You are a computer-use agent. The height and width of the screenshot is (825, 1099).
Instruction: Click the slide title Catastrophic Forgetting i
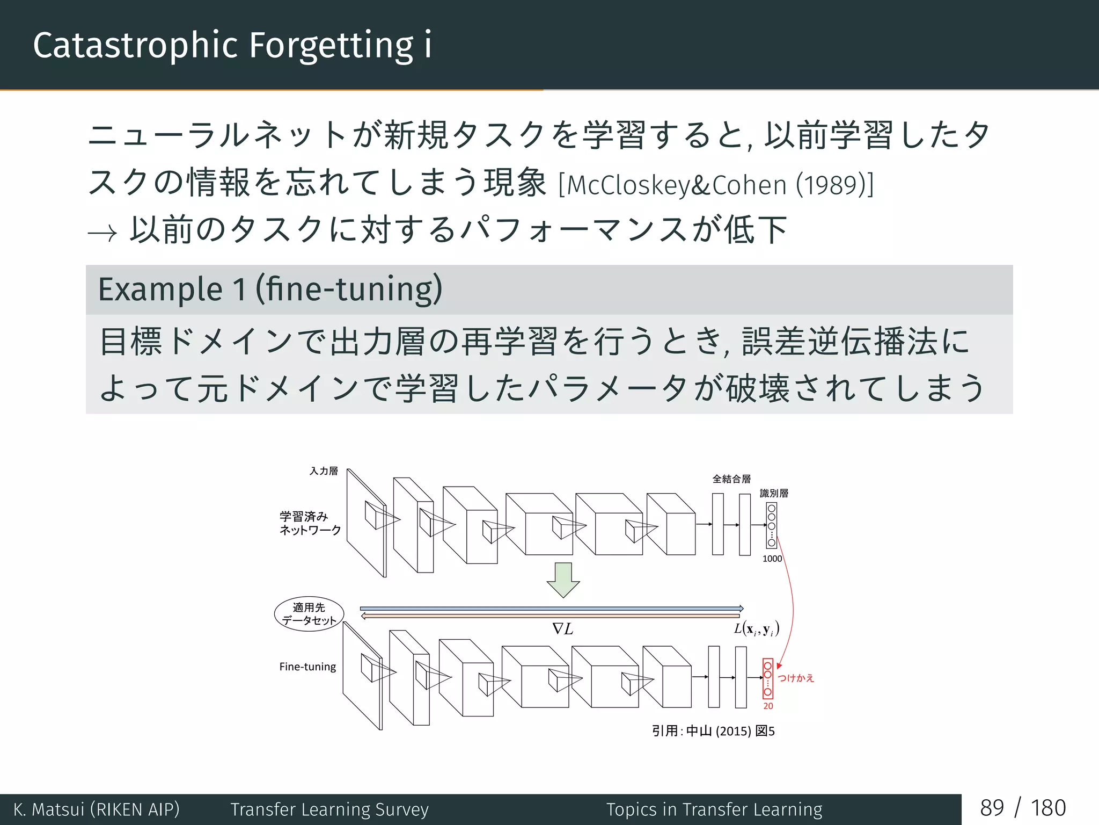[x=232, y=45]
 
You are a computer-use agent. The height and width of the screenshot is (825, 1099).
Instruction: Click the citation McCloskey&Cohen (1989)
[x=716, y=185]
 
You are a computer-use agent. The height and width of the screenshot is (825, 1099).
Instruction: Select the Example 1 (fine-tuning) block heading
[x=270, y=290]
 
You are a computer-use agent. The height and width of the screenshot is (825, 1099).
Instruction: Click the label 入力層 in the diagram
[x=324, y=471]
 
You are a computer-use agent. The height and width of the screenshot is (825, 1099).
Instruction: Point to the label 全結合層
[x=731, y=479]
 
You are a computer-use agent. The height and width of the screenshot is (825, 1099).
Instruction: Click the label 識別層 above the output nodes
[x=774, y=493]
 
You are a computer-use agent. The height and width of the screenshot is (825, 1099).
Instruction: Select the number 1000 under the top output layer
[x=772, y=559]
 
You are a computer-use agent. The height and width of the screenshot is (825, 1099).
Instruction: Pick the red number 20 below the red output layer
[x=768, y=706]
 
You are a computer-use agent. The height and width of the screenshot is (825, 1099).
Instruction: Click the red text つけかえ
[x=796, y=678]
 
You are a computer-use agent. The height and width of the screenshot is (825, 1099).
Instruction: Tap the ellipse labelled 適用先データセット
[x=309, y=614]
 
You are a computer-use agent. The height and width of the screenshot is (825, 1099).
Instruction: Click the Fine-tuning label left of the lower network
[x=307, y=667]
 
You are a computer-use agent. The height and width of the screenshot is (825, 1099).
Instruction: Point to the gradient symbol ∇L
[x=562, y=629]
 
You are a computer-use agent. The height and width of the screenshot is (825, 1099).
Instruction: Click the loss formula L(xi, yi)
[x=756, y=629]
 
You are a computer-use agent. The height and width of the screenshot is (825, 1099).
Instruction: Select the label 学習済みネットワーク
[x=310, y=523]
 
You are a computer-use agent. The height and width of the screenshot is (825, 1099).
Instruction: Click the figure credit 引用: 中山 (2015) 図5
[x=713, y=731]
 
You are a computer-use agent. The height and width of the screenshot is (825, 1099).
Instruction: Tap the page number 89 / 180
[x=1023, y=808]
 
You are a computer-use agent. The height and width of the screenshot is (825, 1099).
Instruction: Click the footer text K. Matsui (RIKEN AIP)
[x=97, y=809]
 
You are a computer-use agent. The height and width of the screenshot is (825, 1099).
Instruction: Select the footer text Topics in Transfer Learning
[x=714, y=809]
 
